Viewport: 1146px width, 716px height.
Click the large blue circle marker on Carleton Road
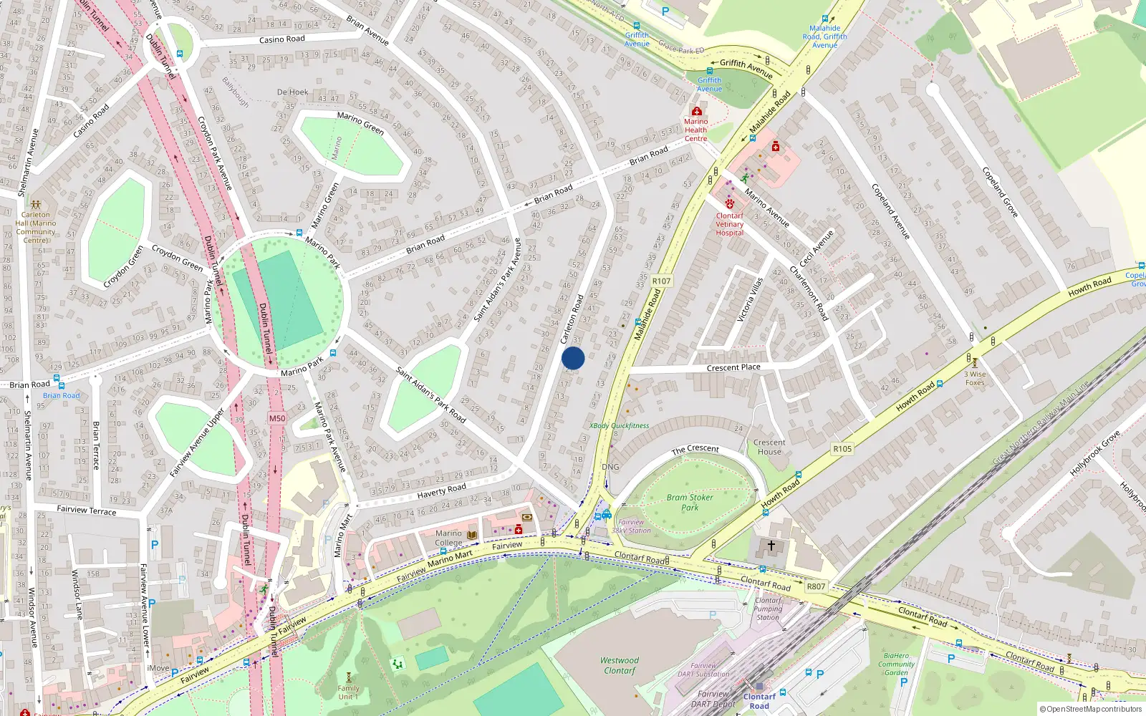point(573,358)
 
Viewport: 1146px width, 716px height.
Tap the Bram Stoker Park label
point(689,502)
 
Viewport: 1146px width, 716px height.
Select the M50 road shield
point(277,418)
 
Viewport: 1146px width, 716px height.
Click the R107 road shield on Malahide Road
point(661,281)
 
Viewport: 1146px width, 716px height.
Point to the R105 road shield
point(842,449)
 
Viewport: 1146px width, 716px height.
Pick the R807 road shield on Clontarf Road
point(816,586)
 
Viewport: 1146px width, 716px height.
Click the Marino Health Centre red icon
point(696,112)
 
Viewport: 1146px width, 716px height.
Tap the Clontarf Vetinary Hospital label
point(730,223)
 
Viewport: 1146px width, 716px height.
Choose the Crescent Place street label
point(733,367)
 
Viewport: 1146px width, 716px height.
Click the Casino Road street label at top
point(281,39)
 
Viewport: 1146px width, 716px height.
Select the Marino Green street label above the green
point(360,123)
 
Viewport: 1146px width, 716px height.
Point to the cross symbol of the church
point(771,545)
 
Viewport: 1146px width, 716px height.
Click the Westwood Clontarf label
point(620,665)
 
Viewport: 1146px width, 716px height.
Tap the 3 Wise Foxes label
point(975,378)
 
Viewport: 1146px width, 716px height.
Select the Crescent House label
point(769,447)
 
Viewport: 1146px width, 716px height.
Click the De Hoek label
point(292,92)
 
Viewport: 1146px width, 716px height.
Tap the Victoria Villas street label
point(750,299)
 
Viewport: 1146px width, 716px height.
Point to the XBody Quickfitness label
point(620,425)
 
